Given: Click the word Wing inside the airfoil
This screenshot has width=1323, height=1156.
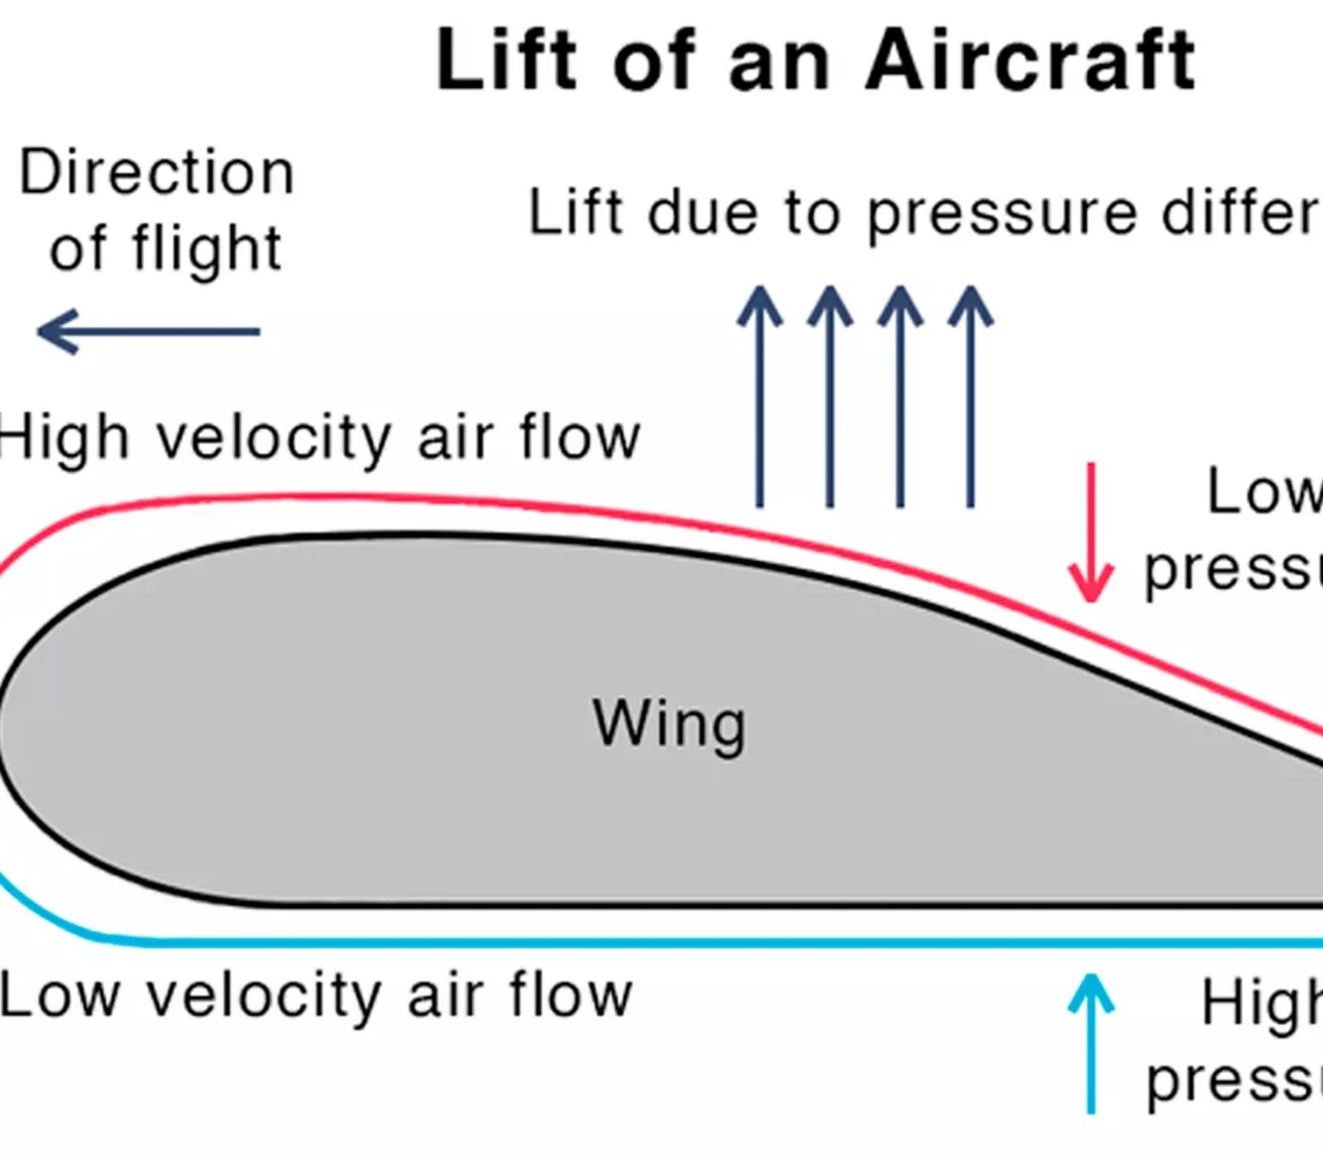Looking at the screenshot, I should [x=669, y=724].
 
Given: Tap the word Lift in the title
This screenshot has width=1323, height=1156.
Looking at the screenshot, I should [x=506, y=61].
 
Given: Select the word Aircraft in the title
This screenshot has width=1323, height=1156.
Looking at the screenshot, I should [x=1031, y=61].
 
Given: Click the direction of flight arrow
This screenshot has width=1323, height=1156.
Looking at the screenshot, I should [x=149, y=332].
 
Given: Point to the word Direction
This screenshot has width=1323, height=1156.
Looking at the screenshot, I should [x=157, y=173].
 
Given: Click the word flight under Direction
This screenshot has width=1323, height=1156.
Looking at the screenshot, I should [x=207, y=249].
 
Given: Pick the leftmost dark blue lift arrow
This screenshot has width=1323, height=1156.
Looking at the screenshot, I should [x=760, y=397].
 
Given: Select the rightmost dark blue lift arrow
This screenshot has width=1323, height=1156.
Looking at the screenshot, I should [x=971, y=397].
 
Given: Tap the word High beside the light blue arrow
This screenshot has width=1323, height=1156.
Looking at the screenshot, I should [x=1261, y=1003].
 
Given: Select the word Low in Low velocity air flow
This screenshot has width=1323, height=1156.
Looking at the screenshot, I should [x=60, y=995].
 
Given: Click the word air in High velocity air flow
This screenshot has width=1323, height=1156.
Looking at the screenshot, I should [x=455, y=438].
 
